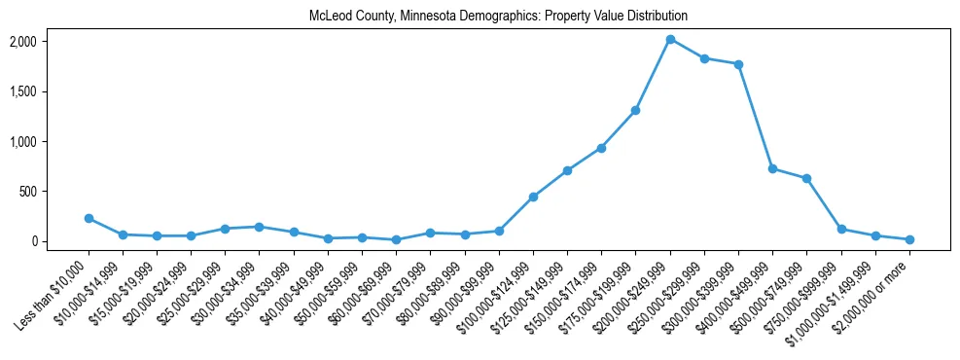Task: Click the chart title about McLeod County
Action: (x=498, y=17)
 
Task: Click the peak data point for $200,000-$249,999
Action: (x=670, y=39)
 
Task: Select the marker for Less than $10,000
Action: (x=89, y=219)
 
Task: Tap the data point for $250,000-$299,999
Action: (x=704, y=58)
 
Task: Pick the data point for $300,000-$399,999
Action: (x=738, y=64)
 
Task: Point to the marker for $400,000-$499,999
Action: (x=772, y=168)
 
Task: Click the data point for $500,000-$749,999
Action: (x=806, y=178)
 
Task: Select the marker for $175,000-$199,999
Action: (x=635, y=110)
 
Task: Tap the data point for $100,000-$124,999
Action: (x=533, y=197)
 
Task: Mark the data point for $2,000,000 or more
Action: (x=909, y=239)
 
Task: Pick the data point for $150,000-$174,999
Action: (x=601, y=148)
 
